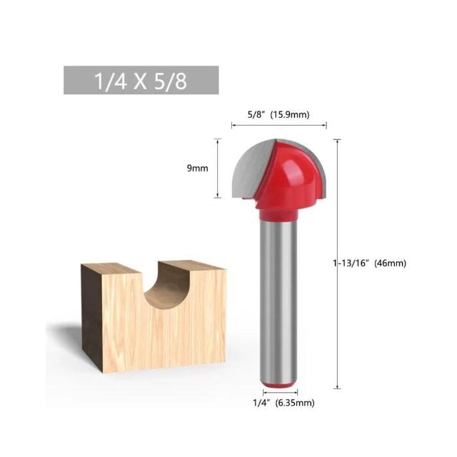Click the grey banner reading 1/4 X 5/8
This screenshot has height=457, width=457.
[x=141, y=80]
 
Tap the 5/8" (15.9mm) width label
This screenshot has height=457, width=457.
[x=278, y=114]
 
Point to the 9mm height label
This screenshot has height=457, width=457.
[x=197, y=169]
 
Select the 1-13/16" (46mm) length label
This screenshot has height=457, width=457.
[x=370, y=263]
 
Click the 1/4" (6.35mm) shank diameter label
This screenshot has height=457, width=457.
[x=283, y=403]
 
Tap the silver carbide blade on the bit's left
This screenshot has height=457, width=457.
[x=253, y=169]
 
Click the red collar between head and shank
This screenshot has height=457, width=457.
[x=279, y=214]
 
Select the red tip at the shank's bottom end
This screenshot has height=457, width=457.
[x=279, y=386]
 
